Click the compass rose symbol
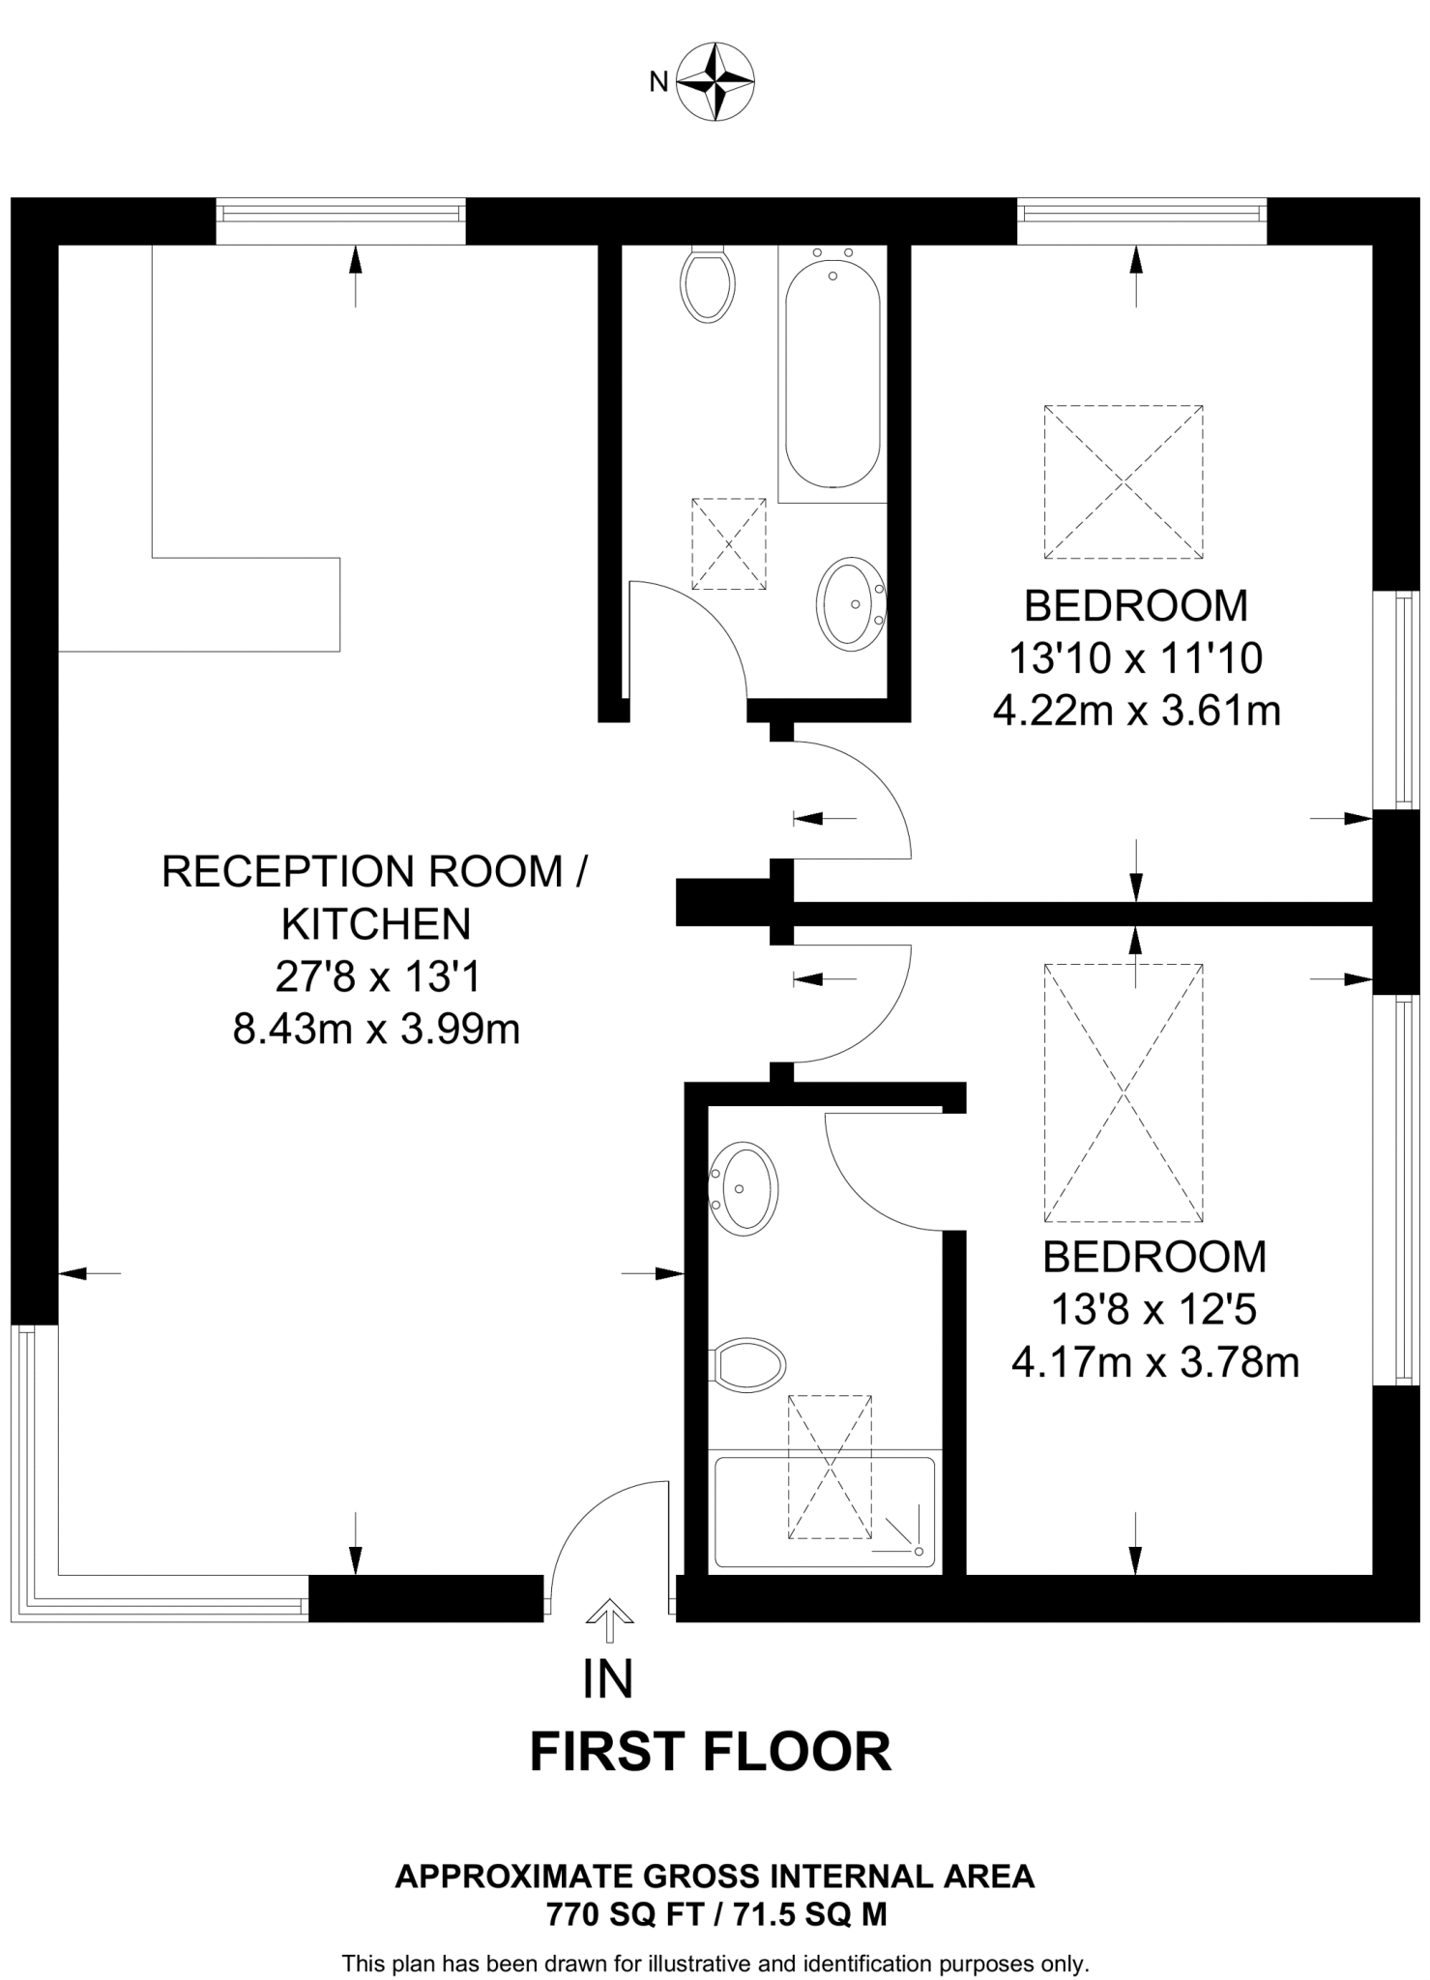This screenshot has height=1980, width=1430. click(x=715, y=81)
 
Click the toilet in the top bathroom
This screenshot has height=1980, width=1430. click(x=708, y=283)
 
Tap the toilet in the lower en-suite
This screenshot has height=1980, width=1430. click(x=748, y=1365)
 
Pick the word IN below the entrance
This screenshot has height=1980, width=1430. click(x=608, y=1680)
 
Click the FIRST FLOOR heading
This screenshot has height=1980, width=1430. click(x=711, y=1752)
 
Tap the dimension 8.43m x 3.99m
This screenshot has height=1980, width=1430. click(x=376, y=1030)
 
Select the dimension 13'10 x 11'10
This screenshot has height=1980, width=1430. click(x=1135, y=659)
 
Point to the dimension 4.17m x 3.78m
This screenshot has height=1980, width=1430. click(x=1154, y=1363)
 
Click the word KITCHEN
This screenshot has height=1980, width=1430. click(x=376, y=924)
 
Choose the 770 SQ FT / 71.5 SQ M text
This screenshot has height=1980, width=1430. click(x=715, y=1914)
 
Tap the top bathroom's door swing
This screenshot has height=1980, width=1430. click(x=686, y=638)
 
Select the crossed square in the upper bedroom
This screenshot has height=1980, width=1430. click(x=1124, y=481)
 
